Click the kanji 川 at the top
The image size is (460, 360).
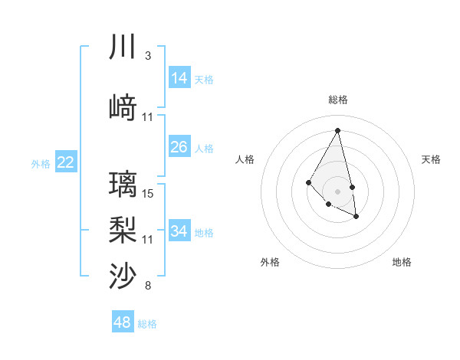122,47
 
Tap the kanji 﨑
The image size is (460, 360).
122,108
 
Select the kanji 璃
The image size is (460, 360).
122,185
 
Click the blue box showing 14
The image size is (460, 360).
179,78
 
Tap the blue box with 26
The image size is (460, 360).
179,147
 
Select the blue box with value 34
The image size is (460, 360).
179,231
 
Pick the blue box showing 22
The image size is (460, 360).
65,162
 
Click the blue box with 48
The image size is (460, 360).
122,322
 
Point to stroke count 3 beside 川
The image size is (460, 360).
147,56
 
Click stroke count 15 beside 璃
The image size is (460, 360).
148,194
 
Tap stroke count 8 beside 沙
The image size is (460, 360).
147,286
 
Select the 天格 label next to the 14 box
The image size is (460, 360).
204,79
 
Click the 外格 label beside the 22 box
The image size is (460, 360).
41,163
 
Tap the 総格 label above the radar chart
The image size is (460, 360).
337,100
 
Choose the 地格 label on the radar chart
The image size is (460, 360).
402,262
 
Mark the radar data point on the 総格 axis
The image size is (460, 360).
337,130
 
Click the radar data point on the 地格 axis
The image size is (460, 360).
356,217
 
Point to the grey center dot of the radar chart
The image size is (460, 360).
337,191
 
